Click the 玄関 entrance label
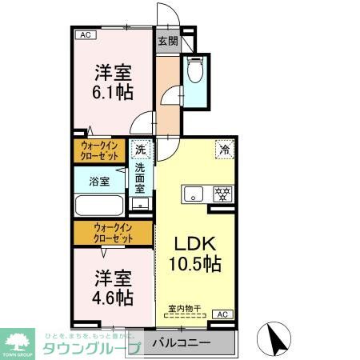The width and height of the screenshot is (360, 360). coord(167,42)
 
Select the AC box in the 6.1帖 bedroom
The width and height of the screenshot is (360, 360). coord(86,35)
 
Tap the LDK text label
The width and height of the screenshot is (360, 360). coord(194,243)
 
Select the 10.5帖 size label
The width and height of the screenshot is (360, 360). coord(194,262)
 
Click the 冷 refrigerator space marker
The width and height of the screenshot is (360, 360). coord(225,149)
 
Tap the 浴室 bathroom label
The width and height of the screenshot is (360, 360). coord(98,182)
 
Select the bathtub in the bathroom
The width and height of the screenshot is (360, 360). coord(98,204)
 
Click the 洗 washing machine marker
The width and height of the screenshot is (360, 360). coord(141,149)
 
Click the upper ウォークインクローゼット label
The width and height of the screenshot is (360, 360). coord(101,150)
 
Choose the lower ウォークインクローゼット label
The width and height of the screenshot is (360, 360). coord(113,234)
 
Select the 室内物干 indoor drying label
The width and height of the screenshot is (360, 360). coord(184,308)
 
